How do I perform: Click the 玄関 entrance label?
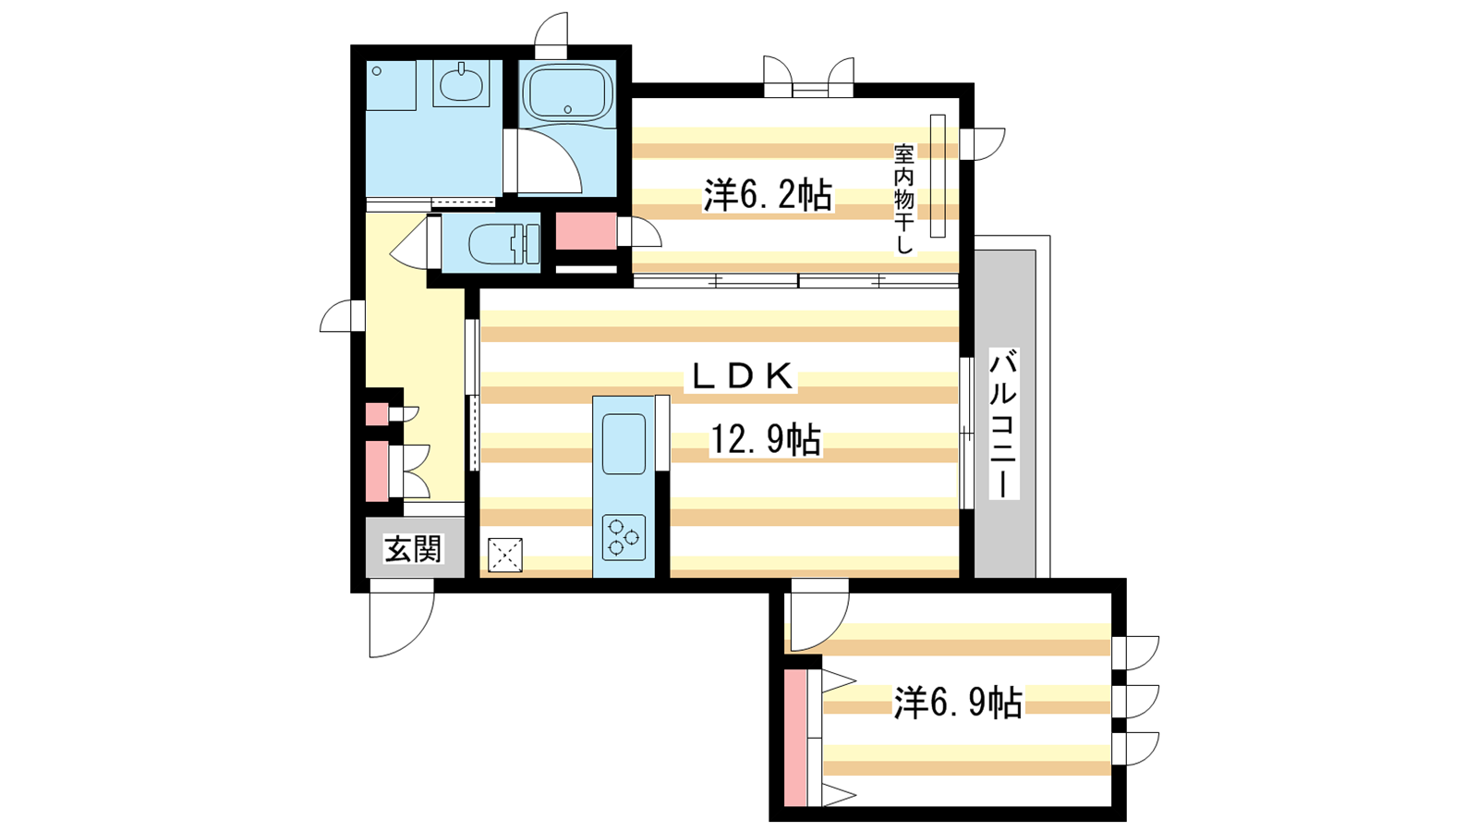point(413,549)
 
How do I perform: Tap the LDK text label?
point(741,376)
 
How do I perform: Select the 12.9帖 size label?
point(766,440)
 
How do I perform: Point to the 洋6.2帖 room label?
point(768,195)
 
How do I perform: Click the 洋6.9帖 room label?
point(958,703)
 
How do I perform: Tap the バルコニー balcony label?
point(1003,423)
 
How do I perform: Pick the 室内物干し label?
point(904,200)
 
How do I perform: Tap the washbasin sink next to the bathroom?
point(461,84)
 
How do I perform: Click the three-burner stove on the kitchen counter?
point(624,537)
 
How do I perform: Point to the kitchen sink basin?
point(624,444)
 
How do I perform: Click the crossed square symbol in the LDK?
point(504,555)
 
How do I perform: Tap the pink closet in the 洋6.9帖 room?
point(795,738)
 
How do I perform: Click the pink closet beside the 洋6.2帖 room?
point(586,231)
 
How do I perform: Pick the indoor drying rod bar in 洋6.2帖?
point(938,176)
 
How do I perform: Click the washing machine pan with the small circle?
point(392,85)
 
